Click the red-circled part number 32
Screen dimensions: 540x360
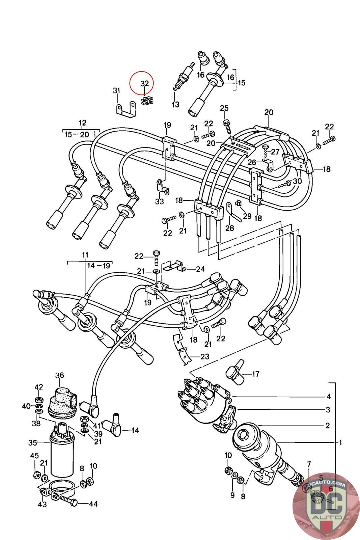(144, 83)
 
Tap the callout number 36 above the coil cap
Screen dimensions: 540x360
(60, 375)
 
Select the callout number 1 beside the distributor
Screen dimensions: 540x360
(341, 442)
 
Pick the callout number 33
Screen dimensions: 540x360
(159, 201)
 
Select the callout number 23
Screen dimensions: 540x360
(205, 356)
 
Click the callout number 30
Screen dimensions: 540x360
(297, 181)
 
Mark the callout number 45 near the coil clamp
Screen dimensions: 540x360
(34, 456)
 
